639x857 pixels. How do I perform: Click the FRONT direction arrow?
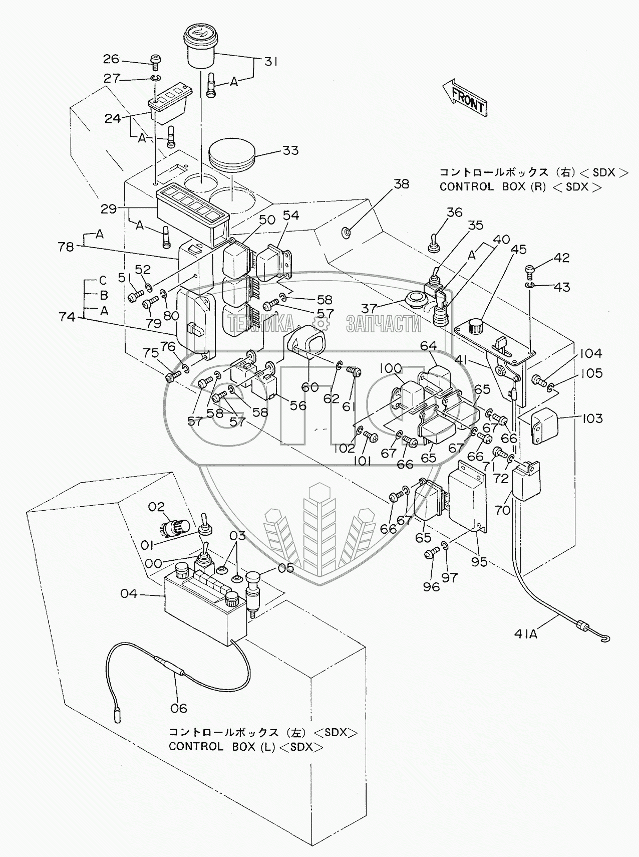click(x=465, y=98)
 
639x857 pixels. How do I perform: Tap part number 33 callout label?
click(x=290, y=150)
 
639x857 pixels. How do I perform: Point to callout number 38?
click(x=401, y=184)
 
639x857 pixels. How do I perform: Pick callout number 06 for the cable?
click(x=178, y=708)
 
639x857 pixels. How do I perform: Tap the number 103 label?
click(x=592, y=418)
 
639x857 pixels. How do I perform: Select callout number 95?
click(x=479, y=562)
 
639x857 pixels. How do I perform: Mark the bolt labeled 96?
click(x=430, y=555)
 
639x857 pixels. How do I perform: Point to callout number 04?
click(x=129, y=594)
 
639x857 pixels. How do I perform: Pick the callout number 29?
click(x=109, y=208)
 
